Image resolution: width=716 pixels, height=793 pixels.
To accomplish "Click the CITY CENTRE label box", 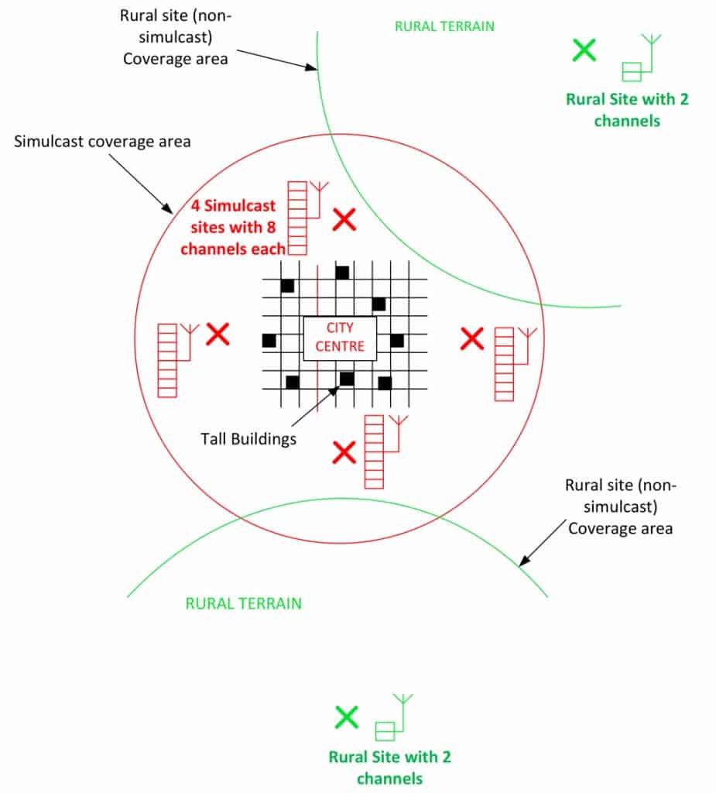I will (x=339, y=338).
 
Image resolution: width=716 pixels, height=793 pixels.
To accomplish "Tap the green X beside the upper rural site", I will (x=584, y=51).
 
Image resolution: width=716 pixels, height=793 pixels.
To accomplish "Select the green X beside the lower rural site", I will (x=347, y=717).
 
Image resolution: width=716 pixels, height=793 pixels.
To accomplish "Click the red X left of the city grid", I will (x=218, y=335).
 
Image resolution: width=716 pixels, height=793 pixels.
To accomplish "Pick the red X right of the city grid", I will (x=472, y=338).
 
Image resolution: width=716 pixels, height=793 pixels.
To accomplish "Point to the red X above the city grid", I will (x=344, y=220).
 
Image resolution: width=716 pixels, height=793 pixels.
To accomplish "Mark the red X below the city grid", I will (x=344, y=452).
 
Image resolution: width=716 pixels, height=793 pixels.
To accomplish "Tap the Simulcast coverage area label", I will (x=102, y=142).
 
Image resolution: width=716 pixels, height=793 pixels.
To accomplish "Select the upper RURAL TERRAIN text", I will (x=444, y=26).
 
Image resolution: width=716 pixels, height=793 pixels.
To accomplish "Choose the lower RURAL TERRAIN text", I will (x=243, y=603).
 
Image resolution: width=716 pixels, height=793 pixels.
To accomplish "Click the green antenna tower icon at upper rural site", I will (x=642, y=59).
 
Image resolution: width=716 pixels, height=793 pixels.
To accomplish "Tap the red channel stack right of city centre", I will (x=504, y=364).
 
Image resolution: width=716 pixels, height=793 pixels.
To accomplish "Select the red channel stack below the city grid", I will (x=374, y=451).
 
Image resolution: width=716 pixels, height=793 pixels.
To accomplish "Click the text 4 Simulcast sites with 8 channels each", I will (x=238, y=228).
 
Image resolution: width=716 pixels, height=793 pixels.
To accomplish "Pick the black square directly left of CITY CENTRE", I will (x=269, y=341).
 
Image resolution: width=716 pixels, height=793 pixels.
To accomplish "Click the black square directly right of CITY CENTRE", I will (x=396, y=341).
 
